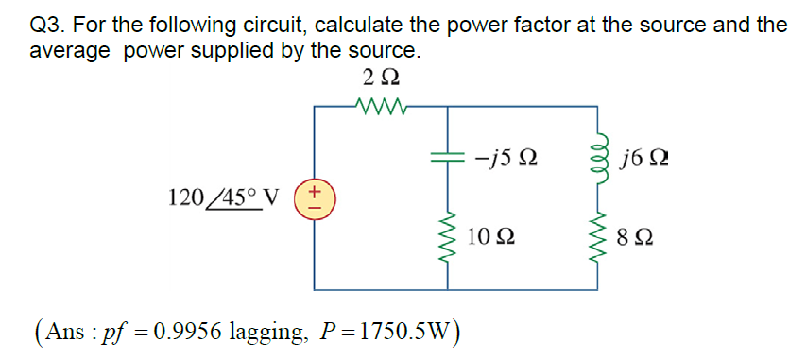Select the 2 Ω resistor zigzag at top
click(x=378, y=107)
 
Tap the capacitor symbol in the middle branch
click(x=446, y=160)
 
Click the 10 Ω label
click(x=491, y=235)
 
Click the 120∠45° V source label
click(x=223, y=198)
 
